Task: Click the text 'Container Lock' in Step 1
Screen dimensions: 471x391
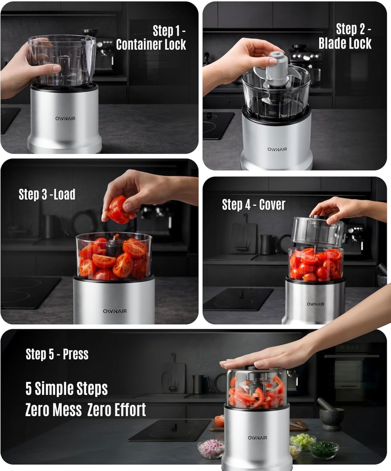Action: pos(151,45)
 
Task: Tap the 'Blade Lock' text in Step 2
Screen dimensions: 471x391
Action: pos(345,43)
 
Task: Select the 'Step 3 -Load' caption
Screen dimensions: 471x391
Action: pos(47,195)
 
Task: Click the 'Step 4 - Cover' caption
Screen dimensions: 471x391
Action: pos(254,205)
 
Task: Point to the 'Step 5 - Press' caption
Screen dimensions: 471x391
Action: pos(57,354)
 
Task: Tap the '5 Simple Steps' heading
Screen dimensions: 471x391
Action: pos(67,389)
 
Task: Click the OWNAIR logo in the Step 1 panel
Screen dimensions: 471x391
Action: pos(65,119)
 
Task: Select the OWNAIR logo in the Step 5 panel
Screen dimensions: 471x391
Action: pos(257,438)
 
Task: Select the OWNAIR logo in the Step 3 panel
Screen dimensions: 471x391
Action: pos(115,311)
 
